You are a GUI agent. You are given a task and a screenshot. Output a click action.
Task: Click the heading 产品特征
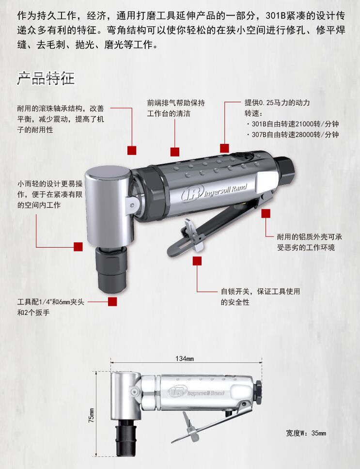46,78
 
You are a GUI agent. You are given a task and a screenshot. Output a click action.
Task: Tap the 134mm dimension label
185,359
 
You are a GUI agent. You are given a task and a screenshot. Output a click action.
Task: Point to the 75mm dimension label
91,415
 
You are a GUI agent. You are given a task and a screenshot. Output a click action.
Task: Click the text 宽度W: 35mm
306,433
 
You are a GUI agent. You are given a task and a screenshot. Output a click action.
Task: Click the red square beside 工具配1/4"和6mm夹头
112,301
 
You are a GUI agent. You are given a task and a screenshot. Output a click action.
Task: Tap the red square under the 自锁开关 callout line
197,261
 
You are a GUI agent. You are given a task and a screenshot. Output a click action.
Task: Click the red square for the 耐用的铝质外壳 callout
266,213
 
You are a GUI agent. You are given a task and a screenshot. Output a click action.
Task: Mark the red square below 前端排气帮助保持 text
175,152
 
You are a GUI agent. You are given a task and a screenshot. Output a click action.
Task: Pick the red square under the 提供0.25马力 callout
224,148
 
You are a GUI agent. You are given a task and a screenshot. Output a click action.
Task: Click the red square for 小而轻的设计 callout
78,247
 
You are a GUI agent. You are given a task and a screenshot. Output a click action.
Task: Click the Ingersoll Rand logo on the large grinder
214,192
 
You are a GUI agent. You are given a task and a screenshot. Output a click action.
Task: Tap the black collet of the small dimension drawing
125,438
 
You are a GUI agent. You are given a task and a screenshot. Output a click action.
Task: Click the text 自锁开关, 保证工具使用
261,291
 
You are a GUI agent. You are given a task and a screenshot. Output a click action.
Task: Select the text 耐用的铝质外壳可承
310,237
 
